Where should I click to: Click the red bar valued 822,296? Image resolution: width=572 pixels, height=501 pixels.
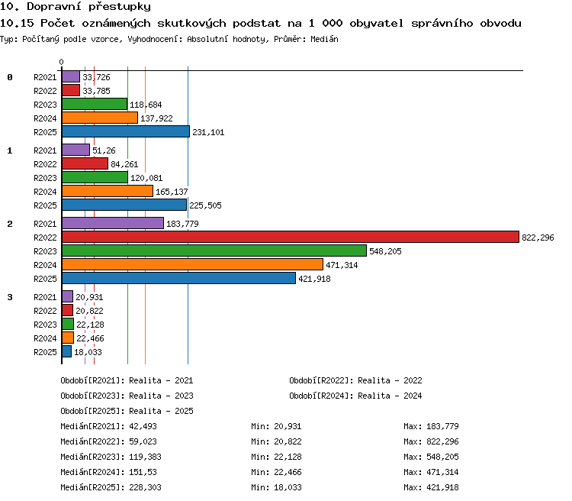[x=291, y=237]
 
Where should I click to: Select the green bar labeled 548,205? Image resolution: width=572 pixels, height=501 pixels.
[x=214, y=250]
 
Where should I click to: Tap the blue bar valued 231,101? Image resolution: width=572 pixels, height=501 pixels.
[x=126, y=131]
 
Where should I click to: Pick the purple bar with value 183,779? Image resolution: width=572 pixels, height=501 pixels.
[x=113, y=223]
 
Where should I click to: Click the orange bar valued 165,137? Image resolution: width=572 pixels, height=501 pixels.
[x=108, y=191]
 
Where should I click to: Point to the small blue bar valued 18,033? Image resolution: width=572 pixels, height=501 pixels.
[x=67, y=351]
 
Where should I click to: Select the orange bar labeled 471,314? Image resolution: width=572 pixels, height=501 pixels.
[x=193, y=264]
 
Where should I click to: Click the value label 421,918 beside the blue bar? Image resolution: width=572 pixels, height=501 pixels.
[x=314, y=279]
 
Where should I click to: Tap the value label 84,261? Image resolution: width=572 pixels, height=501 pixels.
[x=124, y=164]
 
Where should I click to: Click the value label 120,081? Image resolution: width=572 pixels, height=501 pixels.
[x=146, y=178]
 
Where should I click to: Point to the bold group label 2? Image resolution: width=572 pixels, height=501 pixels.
[x=10, y=224]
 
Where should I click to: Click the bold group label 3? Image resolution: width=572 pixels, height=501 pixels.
[x=10, y=297]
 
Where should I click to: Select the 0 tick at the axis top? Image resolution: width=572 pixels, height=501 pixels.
[x=61, y=62]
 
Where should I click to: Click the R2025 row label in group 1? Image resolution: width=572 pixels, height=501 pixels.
[x=45, y=205]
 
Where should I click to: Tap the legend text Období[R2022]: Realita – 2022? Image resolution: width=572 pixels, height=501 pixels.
[x=355, y=380]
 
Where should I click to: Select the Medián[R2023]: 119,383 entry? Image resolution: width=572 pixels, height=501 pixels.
[x=111, y=457]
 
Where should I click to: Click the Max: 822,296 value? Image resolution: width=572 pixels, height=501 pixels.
[x=431, y=441]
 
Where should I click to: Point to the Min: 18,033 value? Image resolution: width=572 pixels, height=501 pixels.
[x=277, y=487]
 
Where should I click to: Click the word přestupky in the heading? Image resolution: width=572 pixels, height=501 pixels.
[x=120, y=7]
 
